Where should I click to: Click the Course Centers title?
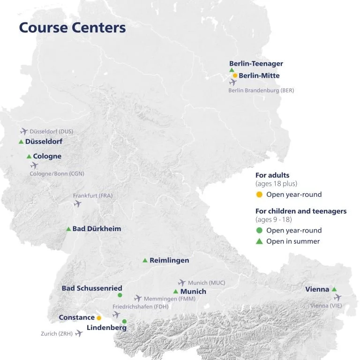[x=72, y=28]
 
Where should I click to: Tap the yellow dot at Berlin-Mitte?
[x=235, y=75]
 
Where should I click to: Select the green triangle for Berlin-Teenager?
[x=232, y=70]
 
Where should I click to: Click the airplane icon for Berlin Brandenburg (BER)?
[x=233, y=82]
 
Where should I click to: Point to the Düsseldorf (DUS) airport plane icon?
[x=24, y=132]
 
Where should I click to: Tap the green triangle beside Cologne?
[x=29, y=156]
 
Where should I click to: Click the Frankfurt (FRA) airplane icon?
[x=78, y=203]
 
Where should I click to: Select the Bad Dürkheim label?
[x=97, y=229]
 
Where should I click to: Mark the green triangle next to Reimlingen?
[x=145, y=260]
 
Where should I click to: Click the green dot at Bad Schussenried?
[x=120, y=295]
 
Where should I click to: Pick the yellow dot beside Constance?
[x=99, y=318]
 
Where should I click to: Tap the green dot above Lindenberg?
[x=124, y=321]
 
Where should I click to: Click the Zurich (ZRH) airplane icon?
[x=79, y=333]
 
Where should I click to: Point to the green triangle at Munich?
[x=176, y=292]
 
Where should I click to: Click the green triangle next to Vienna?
[x=334, y=289]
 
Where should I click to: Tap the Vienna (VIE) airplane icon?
[x=337, y=298]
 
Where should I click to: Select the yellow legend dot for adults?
[x=259, y=195]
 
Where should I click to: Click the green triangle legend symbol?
[x=259, y=241]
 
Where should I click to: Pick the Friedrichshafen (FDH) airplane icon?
[x=116, y=315]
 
